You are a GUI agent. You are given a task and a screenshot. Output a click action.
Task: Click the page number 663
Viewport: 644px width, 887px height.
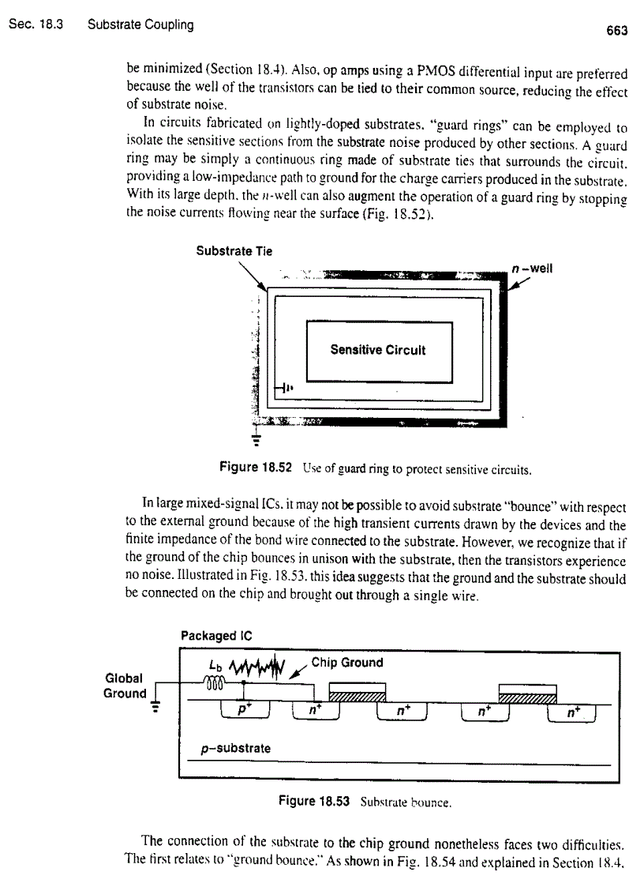[x=616, y=31]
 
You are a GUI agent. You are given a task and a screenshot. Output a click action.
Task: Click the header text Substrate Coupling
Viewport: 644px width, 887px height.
[x=140, y=24]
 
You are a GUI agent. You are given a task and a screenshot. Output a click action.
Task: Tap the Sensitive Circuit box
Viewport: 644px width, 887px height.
[x=378, y=351]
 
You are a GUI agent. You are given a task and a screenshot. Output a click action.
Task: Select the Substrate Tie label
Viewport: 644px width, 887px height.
[x=234, y=251]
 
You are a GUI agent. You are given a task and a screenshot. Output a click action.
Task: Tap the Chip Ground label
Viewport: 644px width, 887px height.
[x=347, y=663]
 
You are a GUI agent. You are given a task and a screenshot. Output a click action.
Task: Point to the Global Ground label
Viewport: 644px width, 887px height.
[x=125, y=686]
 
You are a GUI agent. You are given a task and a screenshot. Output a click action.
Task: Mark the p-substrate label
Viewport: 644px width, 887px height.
[x=234, y=747]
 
